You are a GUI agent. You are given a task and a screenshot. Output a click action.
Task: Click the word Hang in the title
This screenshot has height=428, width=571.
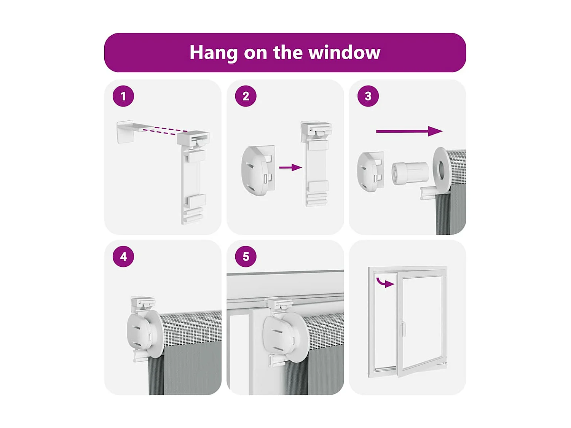point(213,53)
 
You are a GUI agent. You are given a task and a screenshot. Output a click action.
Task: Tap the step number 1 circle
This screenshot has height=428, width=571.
point(123,96)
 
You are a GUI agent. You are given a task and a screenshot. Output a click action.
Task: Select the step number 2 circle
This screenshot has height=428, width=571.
point(246,96)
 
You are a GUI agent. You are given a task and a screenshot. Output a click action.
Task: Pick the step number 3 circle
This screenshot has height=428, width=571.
point(368,96)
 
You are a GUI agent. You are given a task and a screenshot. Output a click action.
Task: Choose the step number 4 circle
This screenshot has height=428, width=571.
point(123,256)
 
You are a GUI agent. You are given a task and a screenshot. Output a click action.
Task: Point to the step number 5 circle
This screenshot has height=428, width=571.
point(246,256)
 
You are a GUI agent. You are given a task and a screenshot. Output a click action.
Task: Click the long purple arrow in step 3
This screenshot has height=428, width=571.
point(409,131)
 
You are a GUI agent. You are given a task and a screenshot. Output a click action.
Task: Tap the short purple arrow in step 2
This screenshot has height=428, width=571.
point(290,167)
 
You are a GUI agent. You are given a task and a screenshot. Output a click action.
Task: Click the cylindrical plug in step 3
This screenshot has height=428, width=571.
point(410,173)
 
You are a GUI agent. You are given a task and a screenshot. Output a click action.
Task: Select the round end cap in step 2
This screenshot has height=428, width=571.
point(258,170)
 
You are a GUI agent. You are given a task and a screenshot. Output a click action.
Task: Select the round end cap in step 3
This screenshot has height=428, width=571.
point(371,172)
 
